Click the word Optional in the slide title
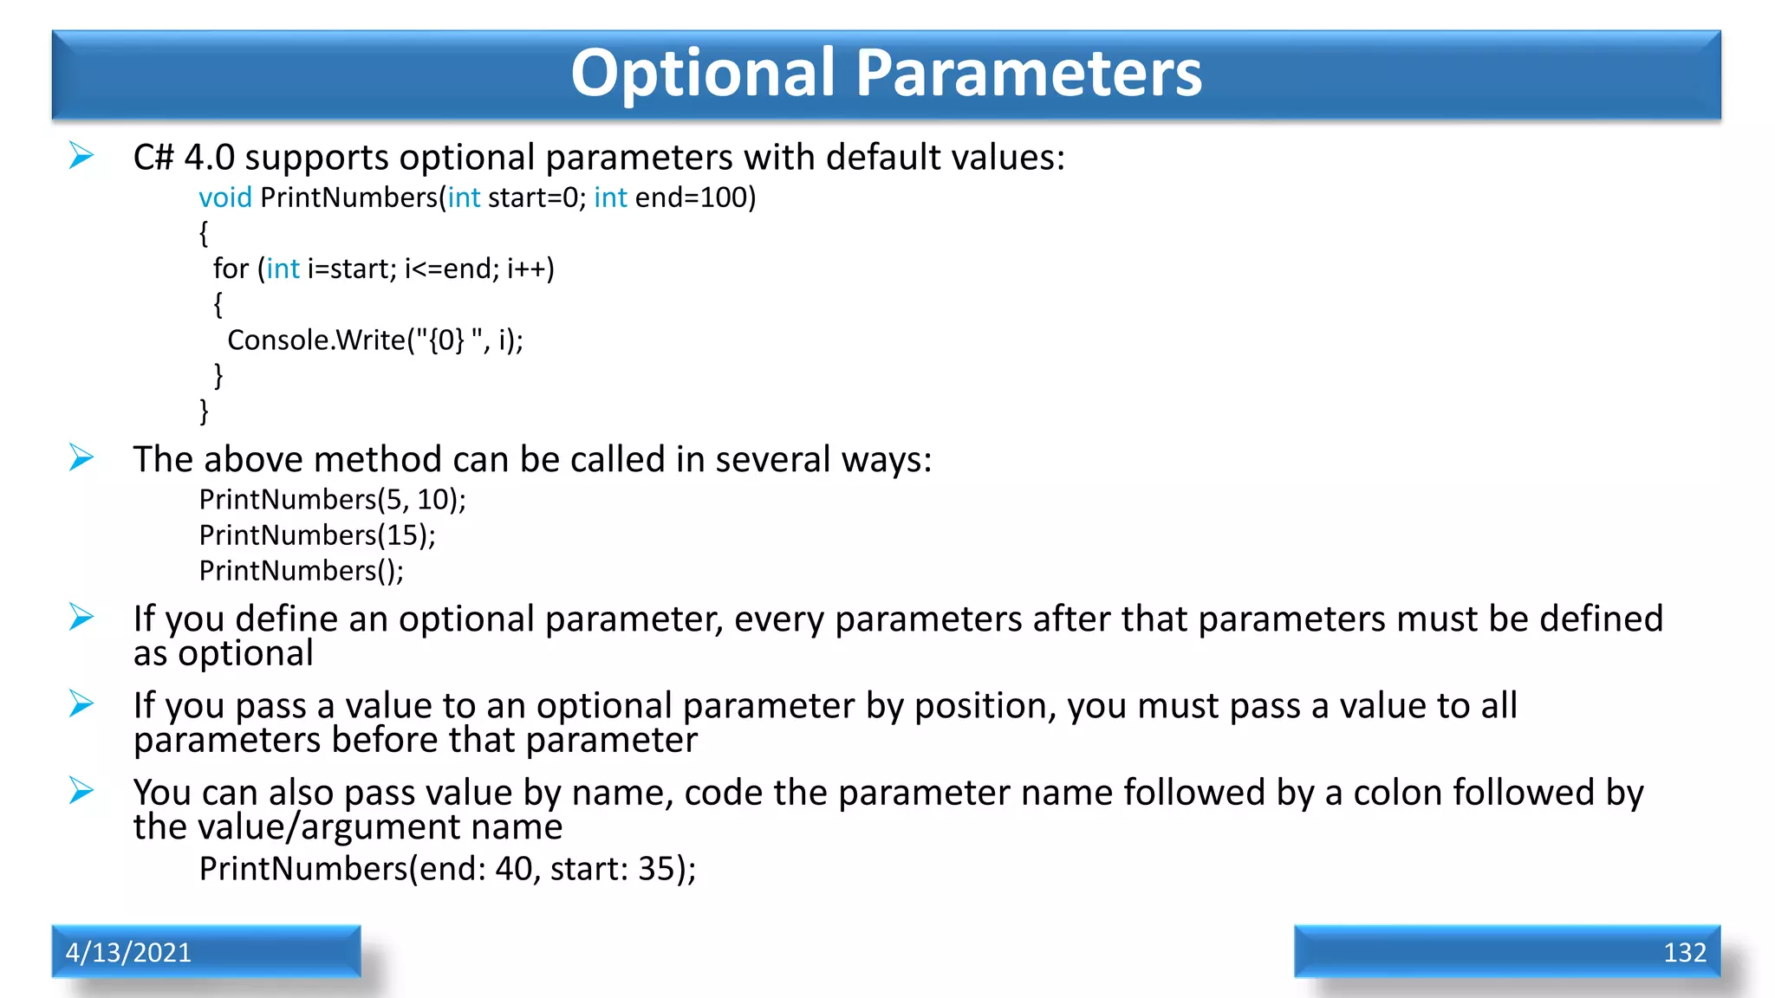click(x=703, y=73)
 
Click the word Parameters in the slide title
click(x=1029, y=73)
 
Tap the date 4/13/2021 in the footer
click(x=128, y=952)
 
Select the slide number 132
click(x=1684, y=952)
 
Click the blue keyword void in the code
click(x=225, y=198)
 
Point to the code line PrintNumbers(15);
click(x=317, y=535)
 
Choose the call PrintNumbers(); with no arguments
click(x=301, y=571)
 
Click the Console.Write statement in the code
click(x=374, y=340)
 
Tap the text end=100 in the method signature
click(x=691, y=198)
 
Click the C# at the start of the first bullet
click(x=153, y=158)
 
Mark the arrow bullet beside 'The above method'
click(x=81, y=457)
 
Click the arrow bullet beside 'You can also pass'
click(x=81, y=790)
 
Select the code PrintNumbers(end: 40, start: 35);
click(x=447, y=868)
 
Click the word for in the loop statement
click(x=231, y=269)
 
